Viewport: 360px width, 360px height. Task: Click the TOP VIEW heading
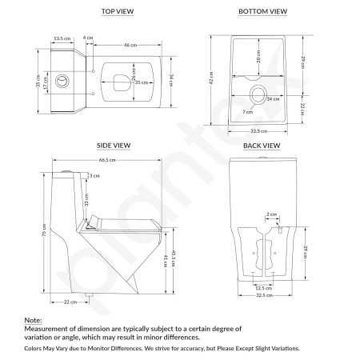[118, 12]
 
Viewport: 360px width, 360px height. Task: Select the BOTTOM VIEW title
[263, 12]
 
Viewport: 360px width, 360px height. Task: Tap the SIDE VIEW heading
[113, 146]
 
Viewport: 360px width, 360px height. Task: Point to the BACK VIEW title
[261, 146]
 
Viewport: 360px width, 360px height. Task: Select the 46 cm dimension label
[127, 46]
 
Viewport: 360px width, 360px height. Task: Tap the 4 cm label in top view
[88, 37]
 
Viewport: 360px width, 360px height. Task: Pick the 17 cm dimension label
[46, 81]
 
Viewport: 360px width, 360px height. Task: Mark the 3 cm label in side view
[94, 176]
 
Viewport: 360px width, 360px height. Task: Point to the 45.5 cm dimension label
[174, 258]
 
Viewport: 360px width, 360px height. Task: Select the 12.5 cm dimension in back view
[260, 287]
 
